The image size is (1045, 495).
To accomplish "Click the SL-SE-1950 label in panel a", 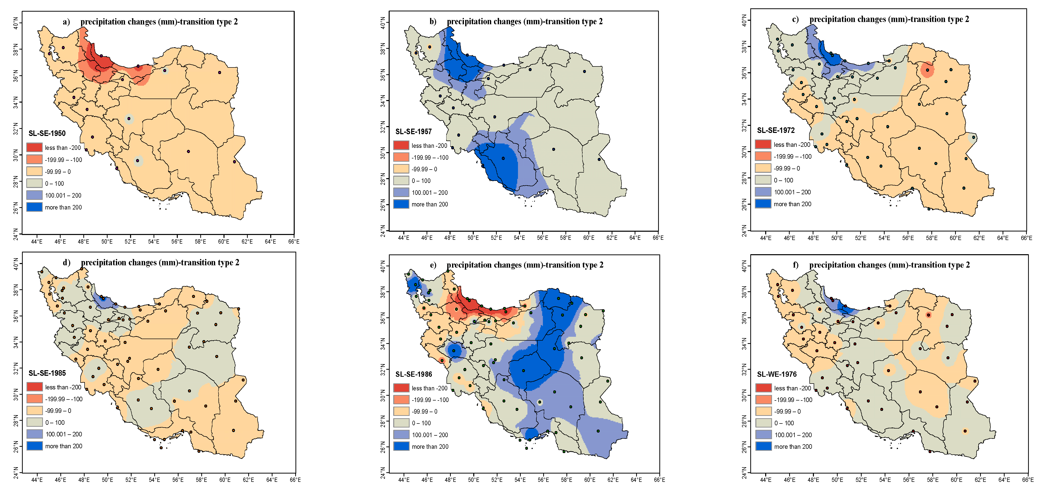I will pyautogui.click(x=47, y=133).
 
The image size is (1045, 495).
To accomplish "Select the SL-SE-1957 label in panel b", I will pyautogui.click(x=413, y=131).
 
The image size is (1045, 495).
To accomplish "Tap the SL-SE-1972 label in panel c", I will pyautogui.click(x=776, y=130).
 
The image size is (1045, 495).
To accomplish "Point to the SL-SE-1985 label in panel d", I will pyautogui.click(x=47, y=373).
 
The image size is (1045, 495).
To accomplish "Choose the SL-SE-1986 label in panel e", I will pyautogui.click(x=413, y=374).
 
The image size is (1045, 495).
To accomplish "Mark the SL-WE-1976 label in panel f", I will pyautogui.click(x=777, y=374).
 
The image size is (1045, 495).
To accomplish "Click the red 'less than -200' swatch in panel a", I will pyautogui.click(x=35, y=147).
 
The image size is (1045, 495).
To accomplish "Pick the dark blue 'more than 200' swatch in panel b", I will pyautogui.click(x=401, y=204).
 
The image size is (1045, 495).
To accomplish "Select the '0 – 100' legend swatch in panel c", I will pyautogui.click(x=763, y=180).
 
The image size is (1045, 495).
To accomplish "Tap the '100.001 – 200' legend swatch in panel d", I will pyautogui.click(x=35, y=434).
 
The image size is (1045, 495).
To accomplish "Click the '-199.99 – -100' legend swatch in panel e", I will pyautogui.click(x=401, y=400).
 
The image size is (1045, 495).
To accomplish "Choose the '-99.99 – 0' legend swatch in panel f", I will pyautogui.click(x=763, y=411).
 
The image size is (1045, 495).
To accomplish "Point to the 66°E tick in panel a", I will pyautogui.click(x=294, y=241).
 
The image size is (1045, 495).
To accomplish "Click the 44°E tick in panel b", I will pyautogui.click(x=403, y=238).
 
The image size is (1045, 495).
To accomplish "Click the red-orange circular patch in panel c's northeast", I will pyautogui.click(x=927, y=70).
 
